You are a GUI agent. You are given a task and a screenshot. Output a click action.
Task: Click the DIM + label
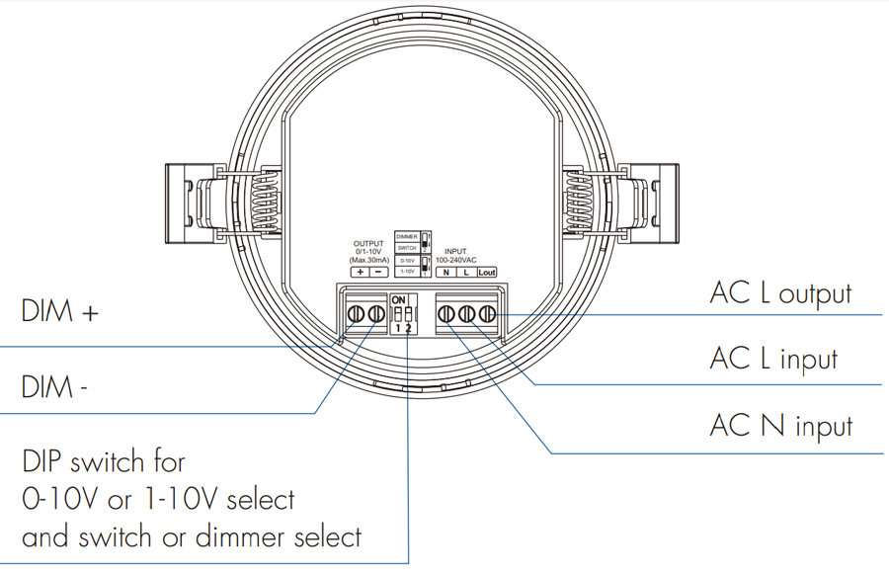[61, 312]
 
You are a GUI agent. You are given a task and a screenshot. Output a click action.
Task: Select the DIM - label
[55, 387]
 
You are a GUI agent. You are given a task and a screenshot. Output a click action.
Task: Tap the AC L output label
[780, 292]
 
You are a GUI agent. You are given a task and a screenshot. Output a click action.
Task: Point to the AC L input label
[773, 359]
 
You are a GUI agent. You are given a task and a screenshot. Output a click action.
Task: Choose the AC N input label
[780, 426]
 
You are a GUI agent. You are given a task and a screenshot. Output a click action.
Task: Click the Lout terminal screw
[485, 314]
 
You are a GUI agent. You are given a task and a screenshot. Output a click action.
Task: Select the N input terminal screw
[446, 314]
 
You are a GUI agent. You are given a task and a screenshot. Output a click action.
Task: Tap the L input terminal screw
[466, 314]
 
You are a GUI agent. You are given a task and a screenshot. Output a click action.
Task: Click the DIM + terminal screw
[357, 314]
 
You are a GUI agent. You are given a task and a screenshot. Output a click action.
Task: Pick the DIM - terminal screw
[376, 314]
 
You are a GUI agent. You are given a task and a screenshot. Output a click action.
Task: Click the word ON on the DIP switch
[399, 298]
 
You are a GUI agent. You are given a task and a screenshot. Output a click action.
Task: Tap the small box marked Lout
[486, 272]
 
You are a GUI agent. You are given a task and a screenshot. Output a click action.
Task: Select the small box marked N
[446, 272]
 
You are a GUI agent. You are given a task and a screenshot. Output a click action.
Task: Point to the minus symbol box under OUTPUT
[378, 272]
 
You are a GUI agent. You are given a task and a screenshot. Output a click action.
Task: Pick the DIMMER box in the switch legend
[407, 237]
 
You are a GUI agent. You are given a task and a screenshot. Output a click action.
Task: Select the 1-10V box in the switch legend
[407, 269]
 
